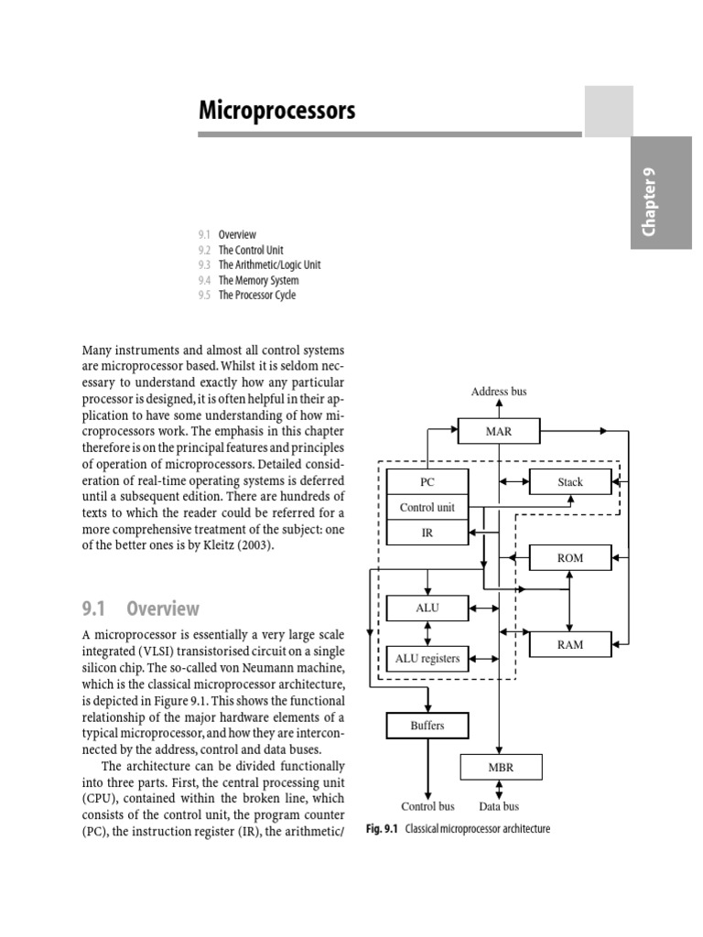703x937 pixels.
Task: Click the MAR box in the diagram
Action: pyautogui.click(x=498, y=430)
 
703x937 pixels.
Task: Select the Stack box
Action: pyautogui.click(x=569, y=481)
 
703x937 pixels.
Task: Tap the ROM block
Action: pyautogui.click(x=569, y=558)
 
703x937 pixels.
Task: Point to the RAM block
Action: pyautogui.click(x=569, y=644)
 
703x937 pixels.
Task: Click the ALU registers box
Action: pyautogui.click(x=427, y=658)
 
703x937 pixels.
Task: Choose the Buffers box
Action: pyautogui.click(x=427, y=726)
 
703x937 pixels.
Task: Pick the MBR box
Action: pyautogui.click(x=501, y=767)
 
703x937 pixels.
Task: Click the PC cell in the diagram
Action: pyautogui.click(x=427, y=481)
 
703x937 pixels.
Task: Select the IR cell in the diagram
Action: pyautogui.click(x=427, y=533)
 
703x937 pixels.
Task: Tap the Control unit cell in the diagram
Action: pyautogui.click(x=427, y=507)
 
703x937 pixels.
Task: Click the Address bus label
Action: pyautogui.click(x=499, y=392)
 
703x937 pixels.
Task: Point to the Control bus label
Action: pyautogui.click(x=427, y=806)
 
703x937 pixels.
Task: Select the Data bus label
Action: pyautogui.click(x=499, y=806)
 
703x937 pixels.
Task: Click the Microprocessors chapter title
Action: pyautogui.click(x=277, y=112)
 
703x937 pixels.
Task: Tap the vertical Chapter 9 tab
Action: pyautogui.click(x=651, y=207)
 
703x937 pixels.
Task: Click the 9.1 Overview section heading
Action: pyautogui.click(x=141, y=609)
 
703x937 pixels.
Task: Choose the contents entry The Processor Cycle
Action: pyautogui.click(x=257, y=296)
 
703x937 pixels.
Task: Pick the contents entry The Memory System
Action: pyautogui.click(x=258, y=280)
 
